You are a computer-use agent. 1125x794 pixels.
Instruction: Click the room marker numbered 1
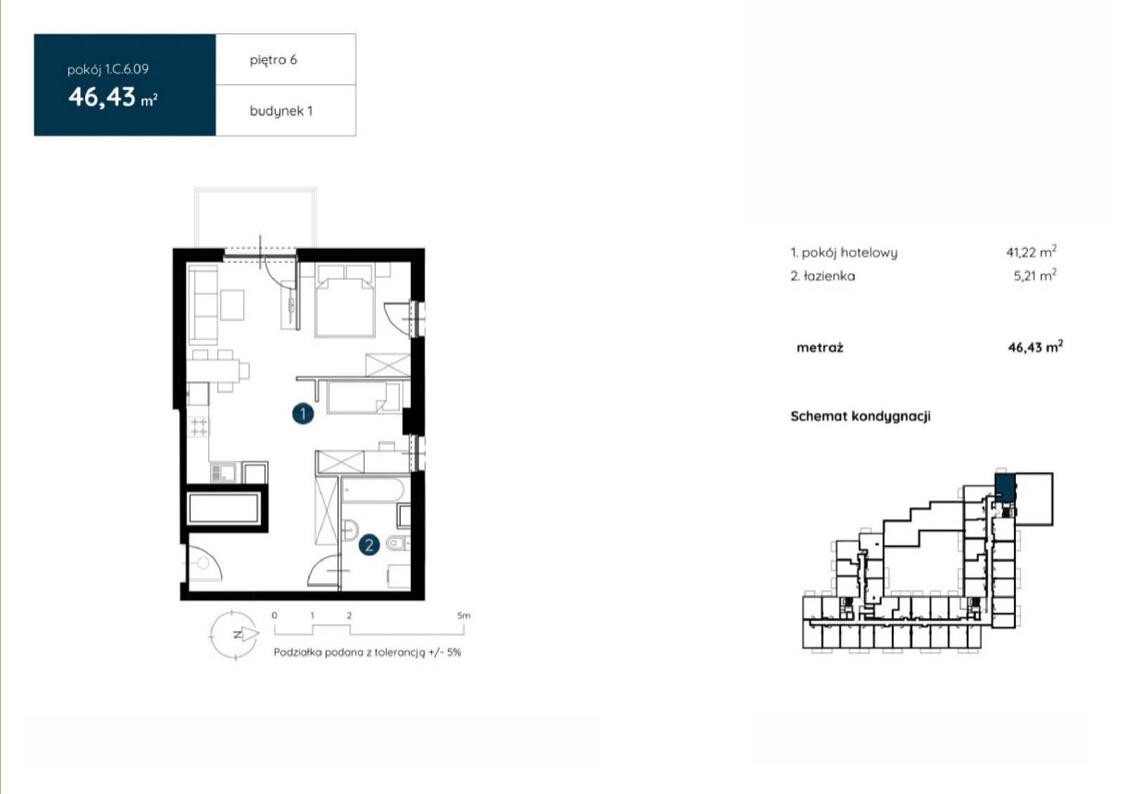[x=303, y=414]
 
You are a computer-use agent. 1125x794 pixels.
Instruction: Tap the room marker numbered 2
[x=369, y=545]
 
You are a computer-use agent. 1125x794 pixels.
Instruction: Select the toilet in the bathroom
[x=398, y=543]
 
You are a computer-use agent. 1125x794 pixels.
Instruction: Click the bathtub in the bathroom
[x=372, y=490]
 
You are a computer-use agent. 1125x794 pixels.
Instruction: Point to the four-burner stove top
[x=199, y=427]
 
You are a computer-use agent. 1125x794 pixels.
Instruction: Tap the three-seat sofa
[x=203, y=305]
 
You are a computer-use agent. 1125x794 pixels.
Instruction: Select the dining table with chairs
[x=219, y=370]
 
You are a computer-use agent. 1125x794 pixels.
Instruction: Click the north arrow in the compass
[x=250, y=634]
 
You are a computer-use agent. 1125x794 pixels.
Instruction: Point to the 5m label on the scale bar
[x=463, y=615]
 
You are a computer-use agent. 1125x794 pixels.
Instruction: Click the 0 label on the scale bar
[x=274, y=615]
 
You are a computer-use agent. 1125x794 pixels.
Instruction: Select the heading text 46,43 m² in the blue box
[x=113, y=97]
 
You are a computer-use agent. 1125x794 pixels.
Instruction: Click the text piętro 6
[x=274, y=60]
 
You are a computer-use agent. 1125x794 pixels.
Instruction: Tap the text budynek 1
[x=281, y=111]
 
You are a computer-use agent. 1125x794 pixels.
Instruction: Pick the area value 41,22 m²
[x=1031, y=252]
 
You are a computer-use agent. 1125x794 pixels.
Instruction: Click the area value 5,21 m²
[x=1035, y=275]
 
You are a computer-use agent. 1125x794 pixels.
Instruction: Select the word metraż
[x=820, y=347]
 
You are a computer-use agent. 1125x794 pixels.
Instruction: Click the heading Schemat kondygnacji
[x=861, y=416]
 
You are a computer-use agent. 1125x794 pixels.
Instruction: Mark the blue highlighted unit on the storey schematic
[x=1005, y=487]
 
